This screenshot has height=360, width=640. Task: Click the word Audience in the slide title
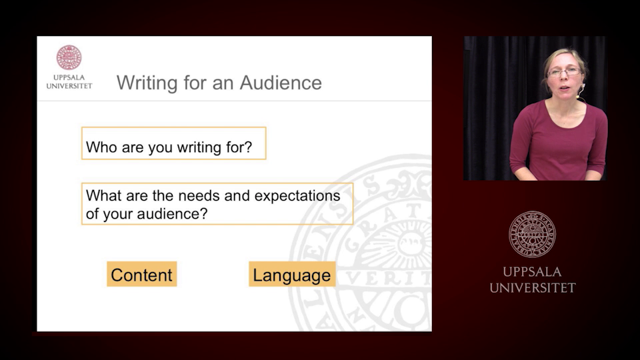[281, 83]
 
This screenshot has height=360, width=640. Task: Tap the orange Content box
[141, 275]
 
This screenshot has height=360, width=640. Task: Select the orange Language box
[291, 275]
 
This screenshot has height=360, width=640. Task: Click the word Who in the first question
[101, 147]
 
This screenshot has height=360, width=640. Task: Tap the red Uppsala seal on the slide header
[69, 58]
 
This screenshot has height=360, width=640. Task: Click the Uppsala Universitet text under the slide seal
[69, 81]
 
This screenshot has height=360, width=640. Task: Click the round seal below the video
[532, 233]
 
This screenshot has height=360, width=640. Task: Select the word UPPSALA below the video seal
[532, 272]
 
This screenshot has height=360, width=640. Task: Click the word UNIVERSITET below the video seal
[532, 288]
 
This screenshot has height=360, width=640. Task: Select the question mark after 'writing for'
[249, 147]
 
